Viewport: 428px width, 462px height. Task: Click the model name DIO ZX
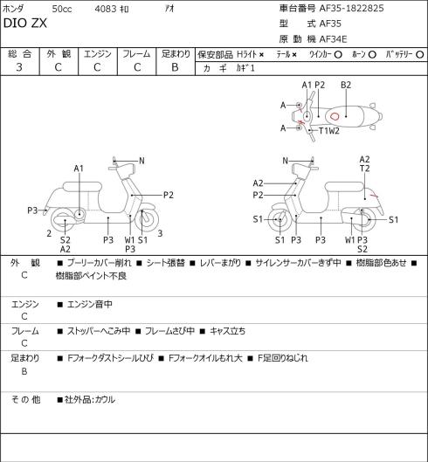tap(25, 24)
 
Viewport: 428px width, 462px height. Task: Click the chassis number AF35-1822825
tap(352, 8)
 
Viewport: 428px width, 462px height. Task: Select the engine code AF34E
tap(333, 39)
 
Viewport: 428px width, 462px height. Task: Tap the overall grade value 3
tap(19, 67)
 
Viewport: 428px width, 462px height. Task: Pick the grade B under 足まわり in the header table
tap(175, 67)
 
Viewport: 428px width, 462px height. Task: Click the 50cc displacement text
tap(62, 9)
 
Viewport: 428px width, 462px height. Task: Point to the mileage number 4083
tap(105, 9)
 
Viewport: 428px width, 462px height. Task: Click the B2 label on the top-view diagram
tap(346, 85)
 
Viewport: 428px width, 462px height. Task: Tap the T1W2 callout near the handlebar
tap(329, 130)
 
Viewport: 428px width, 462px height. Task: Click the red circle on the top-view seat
tap(335, 116)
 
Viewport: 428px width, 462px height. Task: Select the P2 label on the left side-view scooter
tap(169, 195)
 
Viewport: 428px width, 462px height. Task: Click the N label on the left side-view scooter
tap(142, 161)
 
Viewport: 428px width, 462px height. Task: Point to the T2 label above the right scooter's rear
tap(364, 169)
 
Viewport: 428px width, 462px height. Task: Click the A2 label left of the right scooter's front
tap(258, 183)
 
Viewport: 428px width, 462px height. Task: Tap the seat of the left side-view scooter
tap(82, 187)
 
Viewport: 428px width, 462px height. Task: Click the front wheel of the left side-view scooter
tap(147, 220)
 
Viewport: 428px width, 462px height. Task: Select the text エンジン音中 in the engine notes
tap(90, 304)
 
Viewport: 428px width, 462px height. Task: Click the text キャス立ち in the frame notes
tap(227, 331)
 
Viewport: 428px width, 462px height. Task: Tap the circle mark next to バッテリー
tap(420, 54)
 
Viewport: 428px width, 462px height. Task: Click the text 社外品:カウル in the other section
tap(90, 399)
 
